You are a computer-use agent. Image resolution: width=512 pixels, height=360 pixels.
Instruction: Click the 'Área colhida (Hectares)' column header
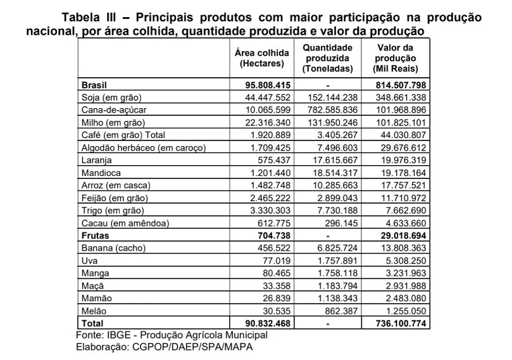261,58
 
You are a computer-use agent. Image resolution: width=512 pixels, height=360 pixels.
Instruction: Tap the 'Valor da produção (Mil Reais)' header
395,58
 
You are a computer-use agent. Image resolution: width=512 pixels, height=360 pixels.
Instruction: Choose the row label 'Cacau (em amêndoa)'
123,223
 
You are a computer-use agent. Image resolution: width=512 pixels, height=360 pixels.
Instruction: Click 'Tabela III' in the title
92,16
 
